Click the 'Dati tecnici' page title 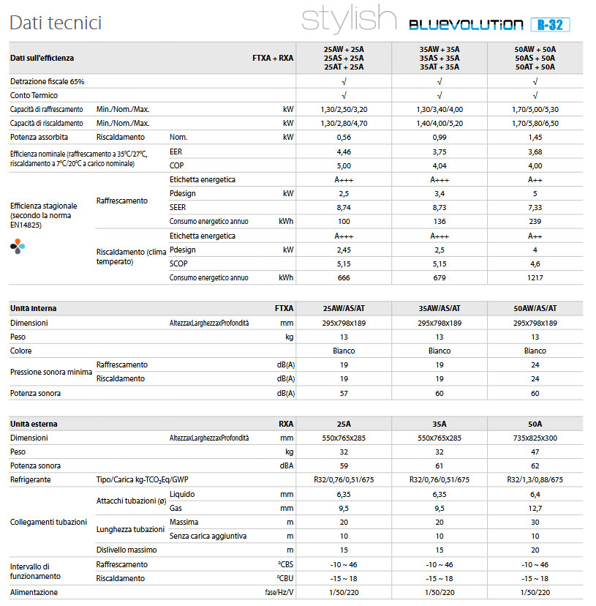coord(56,23)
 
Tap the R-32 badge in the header coord(550,25)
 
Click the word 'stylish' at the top coord(349,18)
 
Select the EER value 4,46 coord(344,152)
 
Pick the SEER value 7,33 coord(535,208)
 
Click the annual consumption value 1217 coord(535,278)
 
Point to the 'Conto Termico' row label coord(34,95)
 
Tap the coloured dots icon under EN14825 coord(18,246)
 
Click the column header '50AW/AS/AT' coord(535,308)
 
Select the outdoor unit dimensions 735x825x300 coord(535,438)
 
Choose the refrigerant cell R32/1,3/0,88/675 coord(535,479)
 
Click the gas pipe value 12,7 coord(535,508)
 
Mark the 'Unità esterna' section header coord(34,424)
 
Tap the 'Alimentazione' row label coord(34,592)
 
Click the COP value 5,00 coord(344,166)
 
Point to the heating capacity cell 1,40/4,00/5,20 coord(440,123)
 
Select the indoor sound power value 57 coord(344,394)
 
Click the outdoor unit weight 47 coord(535,452)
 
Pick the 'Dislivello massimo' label coord(127,550)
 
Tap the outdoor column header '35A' coord(440,424)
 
